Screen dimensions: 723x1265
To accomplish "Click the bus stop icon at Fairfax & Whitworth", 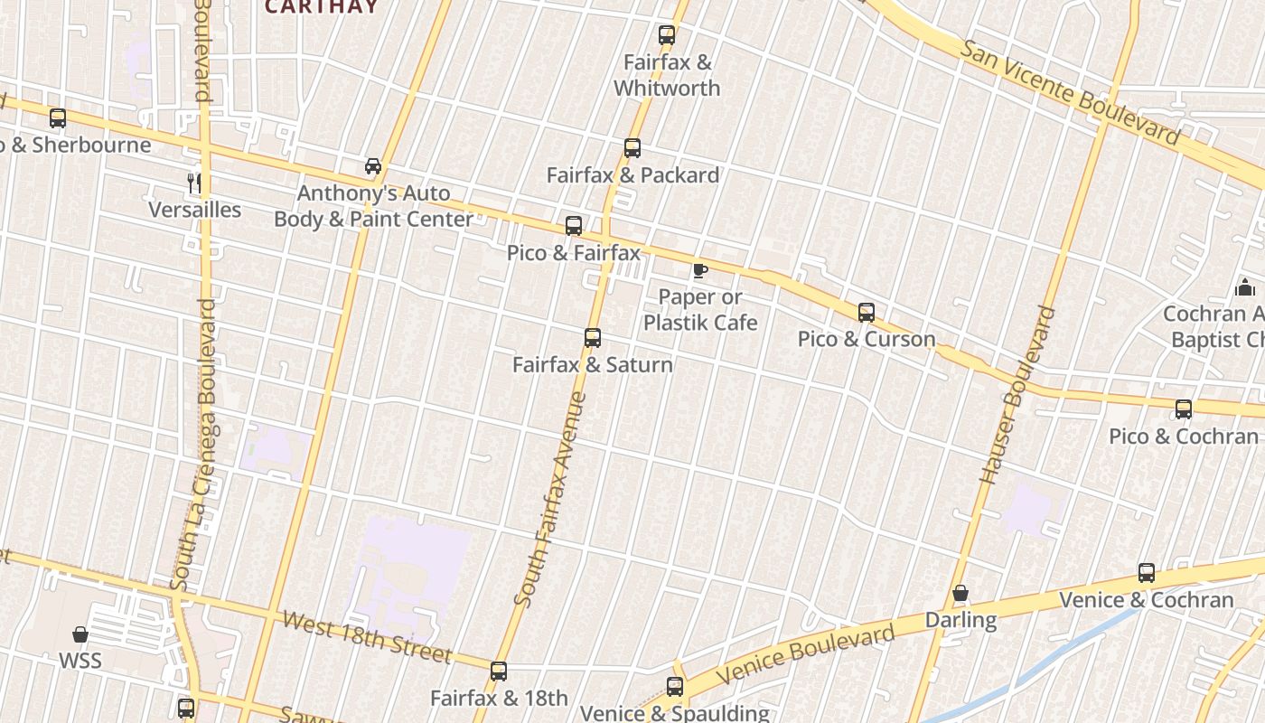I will click(x=667, y=35).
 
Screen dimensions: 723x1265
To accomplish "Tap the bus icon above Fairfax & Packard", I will click(x=632, y=147).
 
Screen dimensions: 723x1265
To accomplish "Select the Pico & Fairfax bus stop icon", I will click(x=574, y=225).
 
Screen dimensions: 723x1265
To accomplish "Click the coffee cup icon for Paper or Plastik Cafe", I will click(x=699, y=269).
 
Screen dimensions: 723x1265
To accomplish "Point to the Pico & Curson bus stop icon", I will click(x=867, y=313).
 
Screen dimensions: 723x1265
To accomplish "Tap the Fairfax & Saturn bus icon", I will click(x=593, y=338).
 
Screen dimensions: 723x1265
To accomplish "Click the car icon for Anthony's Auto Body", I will click(x=373, y=166).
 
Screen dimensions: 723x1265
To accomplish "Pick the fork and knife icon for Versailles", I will click(x=193, y=183).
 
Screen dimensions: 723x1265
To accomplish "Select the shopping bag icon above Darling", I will click(x=960, y=594).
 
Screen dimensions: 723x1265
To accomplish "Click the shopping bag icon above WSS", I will click(x=80, y=634).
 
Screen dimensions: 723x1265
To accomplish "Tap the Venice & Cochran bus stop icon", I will click(x=1147, y=573).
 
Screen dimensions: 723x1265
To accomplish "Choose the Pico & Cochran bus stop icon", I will click(x=1184, y=409).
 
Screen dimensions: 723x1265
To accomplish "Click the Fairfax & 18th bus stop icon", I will click(x=499, y=671).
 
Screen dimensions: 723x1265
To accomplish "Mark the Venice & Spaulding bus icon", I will click(x=675, y=687).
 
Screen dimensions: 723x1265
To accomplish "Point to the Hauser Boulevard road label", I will click(x=1017, y=395).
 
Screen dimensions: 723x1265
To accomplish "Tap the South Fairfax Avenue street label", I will click(x=550, y=498).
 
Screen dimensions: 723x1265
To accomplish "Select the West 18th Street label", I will click(x=366, y=636).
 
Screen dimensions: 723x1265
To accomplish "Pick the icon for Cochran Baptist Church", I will click(x=1246, y=288).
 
